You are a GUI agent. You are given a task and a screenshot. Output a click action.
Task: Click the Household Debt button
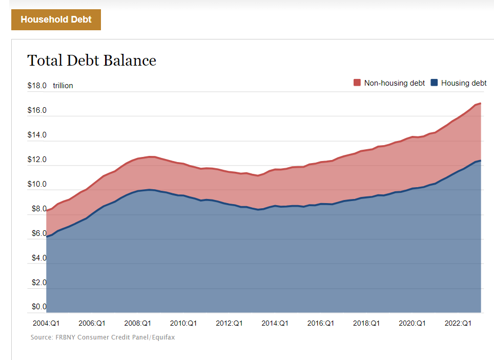[56, 19]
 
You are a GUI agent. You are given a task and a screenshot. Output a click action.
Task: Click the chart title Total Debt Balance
[91, 61]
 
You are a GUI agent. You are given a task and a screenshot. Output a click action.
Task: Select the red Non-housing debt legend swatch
[357, 83]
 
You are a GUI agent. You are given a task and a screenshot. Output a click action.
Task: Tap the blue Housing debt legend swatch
[434, 83]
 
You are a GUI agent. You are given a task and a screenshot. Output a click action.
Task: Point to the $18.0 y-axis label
[37, 86]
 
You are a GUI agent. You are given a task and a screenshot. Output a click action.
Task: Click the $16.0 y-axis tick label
[37, 110]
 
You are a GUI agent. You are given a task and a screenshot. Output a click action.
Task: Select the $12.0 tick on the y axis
[37, 159]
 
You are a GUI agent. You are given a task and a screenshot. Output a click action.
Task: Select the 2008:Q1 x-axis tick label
[137, 323]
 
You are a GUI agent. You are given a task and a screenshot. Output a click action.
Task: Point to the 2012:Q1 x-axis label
[229, 323]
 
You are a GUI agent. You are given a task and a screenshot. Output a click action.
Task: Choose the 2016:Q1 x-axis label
[321, 323]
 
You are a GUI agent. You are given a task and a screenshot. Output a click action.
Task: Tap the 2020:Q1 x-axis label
[412, 323]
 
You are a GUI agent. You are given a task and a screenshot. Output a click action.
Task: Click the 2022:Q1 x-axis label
[458, 323]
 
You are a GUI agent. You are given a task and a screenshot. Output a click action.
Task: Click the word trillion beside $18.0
[63, 86]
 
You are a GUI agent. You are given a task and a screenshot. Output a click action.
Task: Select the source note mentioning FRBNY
[102, 337]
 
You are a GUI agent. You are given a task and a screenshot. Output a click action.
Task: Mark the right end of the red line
[480, 104]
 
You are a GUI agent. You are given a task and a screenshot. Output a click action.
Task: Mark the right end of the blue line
[480, 161]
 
